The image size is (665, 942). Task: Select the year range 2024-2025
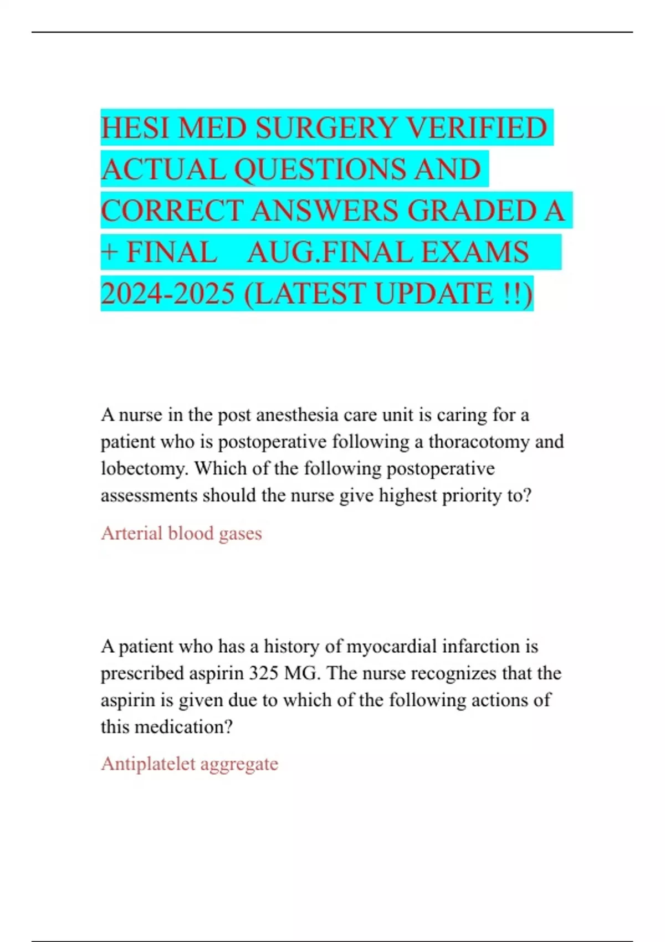point(168,294)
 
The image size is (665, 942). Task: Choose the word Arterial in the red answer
point(131,533)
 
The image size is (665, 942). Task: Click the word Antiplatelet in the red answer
point(148,764)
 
